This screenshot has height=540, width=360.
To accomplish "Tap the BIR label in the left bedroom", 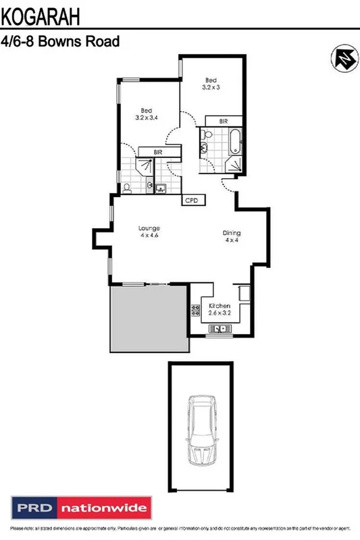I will click(158, 153).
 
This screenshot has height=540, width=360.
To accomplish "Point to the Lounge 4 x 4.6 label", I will click(149, 232).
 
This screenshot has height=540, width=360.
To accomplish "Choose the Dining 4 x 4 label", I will click(232, 236).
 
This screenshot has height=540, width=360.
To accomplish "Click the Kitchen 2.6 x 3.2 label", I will click(220, 310).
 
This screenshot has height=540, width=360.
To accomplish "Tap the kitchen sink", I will click(220, 329).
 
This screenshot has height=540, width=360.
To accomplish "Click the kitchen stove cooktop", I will click(196, 310).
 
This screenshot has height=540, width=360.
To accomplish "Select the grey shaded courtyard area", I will click(149, 317).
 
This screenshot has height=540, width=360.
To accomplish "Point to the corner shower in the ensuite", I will click(143, 168).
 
